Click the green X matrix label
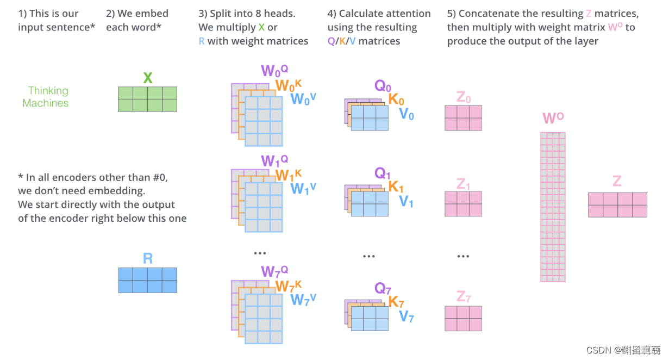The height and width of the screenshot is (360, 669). tap(147, 78)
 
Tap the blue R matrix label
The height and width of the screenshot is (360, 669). tap(148, 258)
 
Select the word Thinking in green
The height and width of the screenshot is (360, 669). tap(48, 90)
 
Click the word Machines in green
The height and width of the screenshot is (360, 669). tap(46, 103)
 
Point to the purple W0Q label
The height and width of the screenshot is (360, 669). tap(274, 71)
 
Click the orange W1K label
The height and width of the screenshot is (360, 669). tap(288, 175)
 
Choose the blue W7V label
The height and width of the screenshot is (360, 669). tap(303, 299)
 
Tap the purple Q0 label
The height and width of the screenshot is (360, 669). tap(383, 86)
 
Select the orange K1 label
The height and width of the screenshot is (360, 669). tap(396, 187)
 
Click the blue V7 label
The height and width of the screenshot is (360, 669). tap(407, 316)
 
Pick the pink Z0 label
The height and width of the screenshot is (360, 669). tap(464, 97)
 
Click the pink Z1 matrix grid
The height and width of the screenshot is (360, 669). tap(463, 204)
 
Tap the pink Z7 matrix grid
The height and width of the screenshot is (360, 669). tap(463, 318)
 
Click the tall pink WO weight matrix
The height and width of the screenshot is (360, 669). tap(553, 207)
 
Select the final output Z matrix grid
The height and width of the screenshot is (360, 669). tap(617, 204)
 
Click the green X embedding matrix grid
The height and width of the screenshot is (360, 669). tap(147, 99)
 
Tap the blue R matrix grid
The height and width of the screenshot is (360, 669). tap(148, 280)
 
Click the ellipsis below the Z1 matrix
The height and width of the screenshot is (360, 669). tap(463, 256)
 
